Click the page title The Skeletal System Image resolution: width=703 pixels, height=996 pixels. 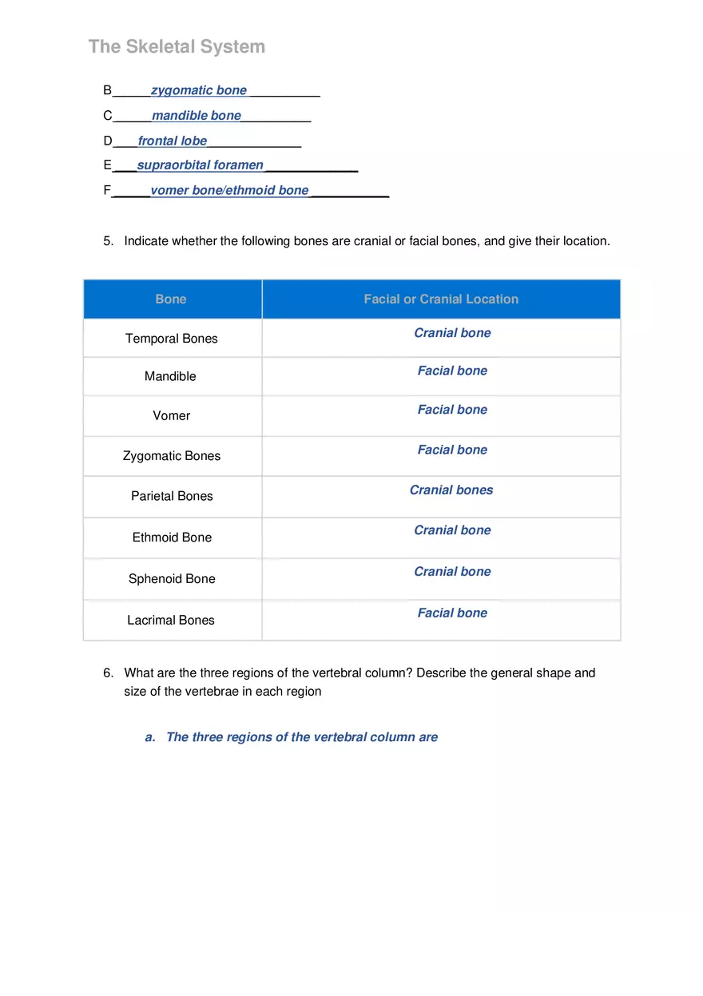tap(177, 46)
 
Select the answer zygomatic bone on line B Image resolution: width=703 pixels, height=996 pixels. tap(199, 90)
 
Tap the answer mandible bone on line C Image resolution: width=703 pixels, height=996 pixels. tap(197, 116)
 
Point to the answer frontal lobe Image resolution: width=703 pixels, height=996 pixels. tap(173, 141)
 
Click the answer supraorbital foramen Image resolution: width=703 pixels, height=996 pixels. tap(201, 165)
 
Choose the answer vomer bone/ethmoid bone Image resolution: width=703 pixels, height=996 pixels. tap(229, 190)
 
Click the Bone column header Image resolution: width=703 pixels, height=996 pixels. tap(171, 299)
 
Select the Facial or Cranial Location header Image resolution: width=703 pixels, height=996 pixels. tap(441, 299)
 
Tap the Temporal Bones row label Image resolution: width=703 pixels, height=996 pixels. tap(172, 339)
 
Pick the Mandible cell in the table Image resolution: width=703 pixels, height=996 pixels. tap(170, 376)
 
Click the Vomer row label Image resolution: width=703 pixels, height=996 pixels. tap(172, 415)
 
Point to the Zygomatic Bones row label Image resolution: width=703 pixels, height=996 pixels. tap(172, 456)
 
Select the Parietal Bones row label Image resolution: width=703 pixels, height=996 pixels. tap(172, 496)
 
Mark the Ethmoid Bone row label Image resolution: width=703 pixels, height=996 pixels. tap(172, 538)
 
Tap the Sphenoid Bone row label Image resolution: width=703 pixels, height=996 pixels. tap(172, 579)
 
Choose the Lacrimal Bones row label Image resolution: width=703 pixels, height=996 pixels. tap(171, 620)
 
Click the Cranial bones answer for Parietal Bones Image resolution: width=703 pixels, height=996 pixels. tap(451, 490)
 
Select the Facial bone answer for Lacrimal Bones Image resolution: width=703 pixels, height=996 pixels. tap(452, 613)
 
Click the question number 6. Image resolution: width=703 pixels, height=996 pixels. tap(107, 673)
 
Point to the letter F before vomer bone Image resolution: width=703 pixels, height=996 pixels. tap(107, 190)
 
